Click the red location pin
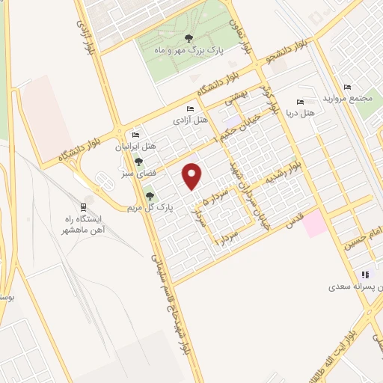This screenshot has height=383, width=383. (x=193, y=177)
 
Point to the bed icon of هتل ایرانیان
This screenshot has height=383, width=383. (x=135, y=136)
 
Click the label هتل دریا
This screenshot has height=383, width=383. (x=301, y=112)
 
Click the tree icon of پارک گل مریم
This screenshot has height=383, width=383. (x=138, y=196)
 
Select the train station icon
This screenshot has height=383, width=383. (x=85, y=207)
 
